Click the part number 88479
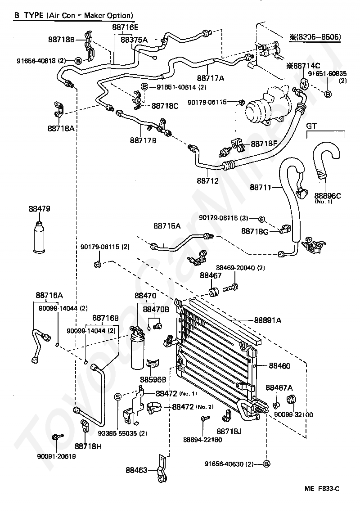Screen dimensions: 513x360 [x=39, y=209]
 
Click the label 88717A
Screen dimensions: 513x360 [x=210, y=78]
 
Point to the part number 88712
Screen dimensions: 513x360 [x=207, y=181]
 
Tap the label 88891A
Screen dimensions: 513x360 [x=268, y=320]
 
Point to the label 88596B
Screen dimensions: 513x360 [x=153, y=379]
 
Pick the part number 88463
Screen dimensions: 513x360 [x=136, y=471]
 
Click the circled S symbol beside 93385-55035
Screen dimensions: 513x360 [x=118, y=396]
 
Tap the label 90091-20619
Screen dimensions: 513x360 [x=57, y=456]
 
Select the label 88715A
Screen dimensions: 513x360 [x=167, y=226]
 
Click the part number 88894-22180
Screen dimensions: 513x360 [x=202, y=440]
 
